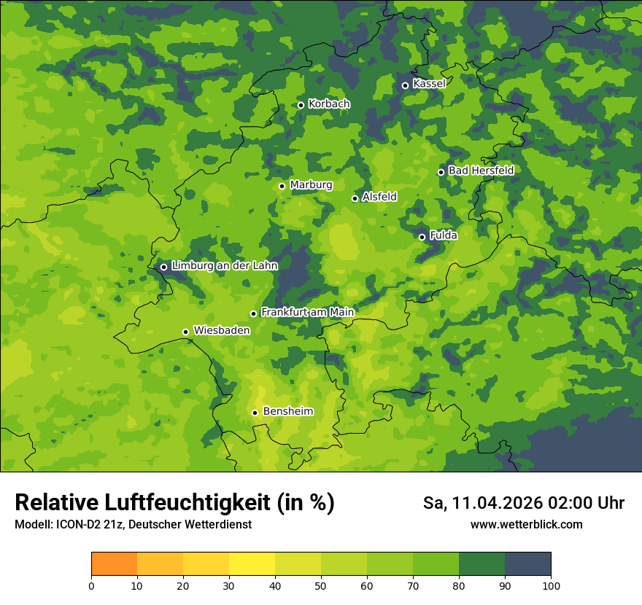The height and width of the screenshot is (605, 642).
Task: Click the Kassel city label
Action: click(x=429, y=84)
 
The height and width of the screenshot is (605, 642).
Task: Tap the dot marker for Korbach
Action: click(x=301, y=105)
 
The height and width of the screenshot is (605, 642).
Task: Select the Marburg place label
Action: click(x=311, y=185)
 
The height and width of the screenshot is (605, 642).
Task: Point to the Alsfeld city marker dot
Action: click(x=355, y=198)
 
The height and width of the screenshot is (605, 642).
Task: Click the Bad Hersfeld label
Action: click(x=481, y=171)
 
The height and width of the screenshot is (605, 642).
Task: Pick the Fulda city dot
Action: click(x=422, y=237)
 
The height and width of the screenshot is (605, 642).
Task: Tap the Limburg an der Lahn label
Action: click(x=224, y=266)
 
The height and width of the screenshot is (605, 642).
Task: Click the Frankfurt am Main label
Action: click(x=307, y=313)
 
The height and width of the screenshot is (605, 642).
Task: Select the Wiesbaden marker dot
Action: click(x=186, y=332)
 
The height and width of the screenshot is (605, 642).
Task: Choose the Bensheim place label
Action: click(x=287, y=412)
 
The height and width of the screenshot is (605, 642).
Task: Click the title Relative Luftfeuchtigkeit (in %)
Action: click(x=174, y=503)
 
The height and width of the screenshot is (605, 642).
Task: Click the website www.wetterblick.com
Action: click(x=526, y=525)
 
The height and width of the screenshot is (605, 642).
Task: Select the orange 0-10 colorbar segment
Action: click(x=115, y=564)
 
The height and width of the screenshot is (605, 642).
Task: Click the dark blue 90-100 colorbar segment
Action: click(x=527, y=564)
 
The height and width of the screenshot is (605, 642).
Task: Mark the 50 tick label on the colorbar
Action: click(x=321, y=585)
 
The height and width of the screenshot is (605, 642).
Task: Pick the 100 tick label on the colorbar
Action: click(x=551, y=585)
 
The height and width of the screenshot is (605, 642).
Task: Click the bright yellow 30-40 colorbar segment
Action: click(x=252, y=564)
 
